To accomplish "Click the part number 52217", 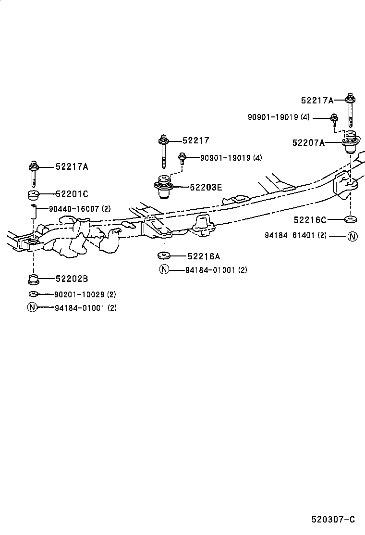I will pyautogui.click(x=196, y=140).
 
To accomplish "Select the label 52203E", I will pyautogui.click(x=206, y=187).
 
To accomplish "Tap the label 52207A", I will pyautogui.click(x=308, y=142).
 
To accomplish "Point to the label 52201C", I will pyautogui.click(x=72, y=194).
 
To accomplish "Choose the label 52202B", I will pyautogui.click(x=72, y=279).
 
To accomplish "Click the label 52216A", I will pyautogui.click(x=204, y=256).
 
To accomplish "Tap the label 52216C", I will pyautogui.click(x=310, y=220).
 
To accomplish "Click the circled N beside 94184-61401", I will pyautogui.click(x=353, y=236).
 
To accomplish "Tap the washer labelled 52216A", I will pyautogui.click(x=164, y=255).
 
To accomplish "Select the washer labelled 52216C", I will pyautogui.click(x=350, y=220).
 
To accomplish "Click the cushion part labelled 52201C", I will pyautogui.click(x=33, y=195).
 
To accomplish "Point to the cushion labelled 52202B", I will pyautogui.click(x=33, y=279).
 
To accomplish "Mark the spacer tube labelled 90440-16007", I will pyautogui.click(x=33, y=211).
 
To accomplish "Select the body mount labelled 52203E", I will pyautogui.click(x=163, y=186).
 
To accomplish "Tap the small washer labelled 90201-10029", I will pyautogui.click(x=33, y=294).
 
